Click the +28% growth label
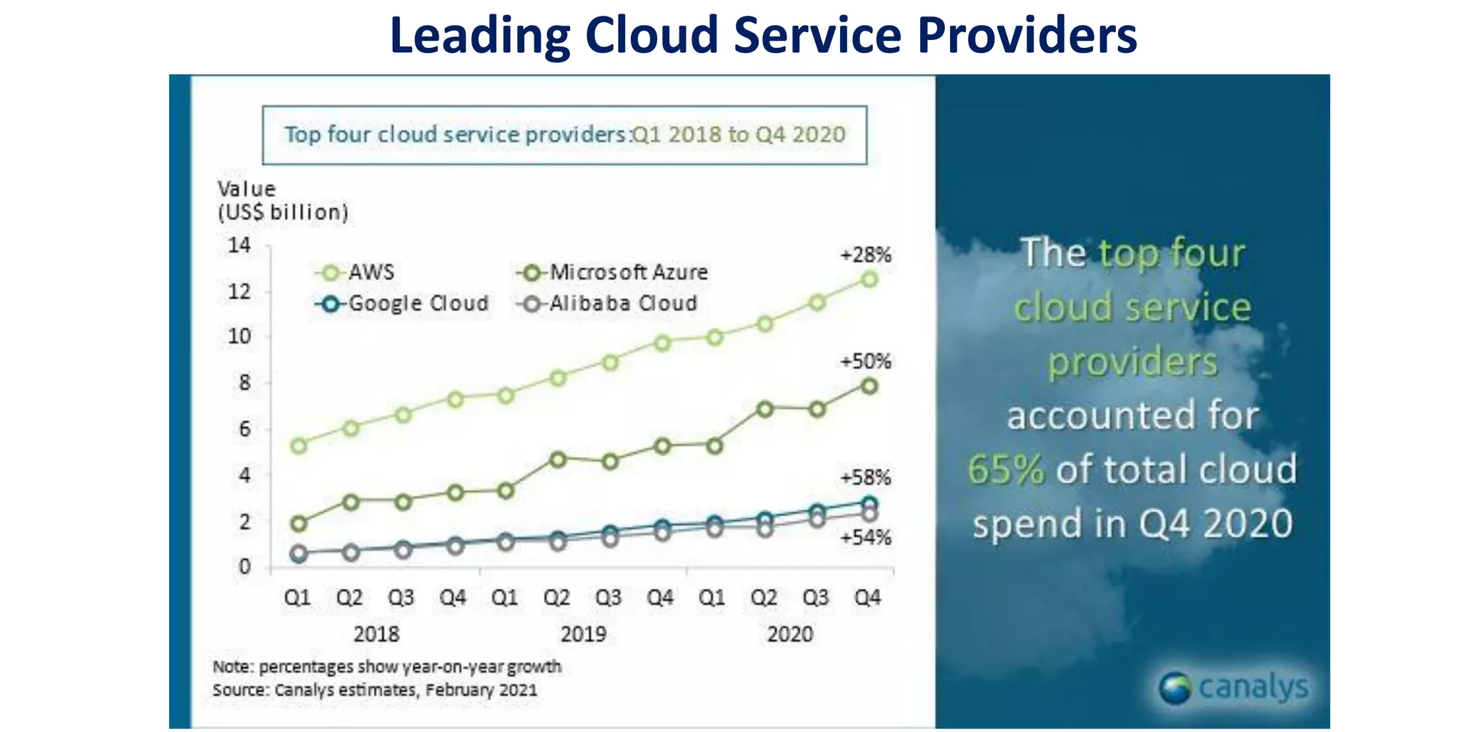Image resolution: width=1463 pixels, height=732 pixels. tap(865, 255)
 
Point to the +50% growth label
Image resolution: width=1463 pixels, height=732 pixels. tap(865, 362)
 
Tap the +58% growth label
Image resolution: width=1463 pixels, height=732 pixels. tap(865, 478)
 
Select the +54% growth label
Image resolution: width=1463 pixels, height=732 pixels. tap(865, 538)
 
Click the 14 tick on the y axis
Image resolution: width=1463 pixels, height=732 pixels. tap(239, 246)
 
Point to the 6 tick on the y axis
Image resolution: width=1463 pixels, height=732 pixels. tap(245, 429)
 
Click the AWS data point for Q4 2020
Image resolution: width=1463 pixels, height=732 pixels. tap(869, 280)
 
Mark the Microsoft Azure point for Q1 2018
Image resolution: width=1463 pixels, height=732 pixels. tap(299, 523)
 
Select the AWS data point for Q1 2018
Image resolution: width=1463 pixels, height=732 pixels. tap(299, 445)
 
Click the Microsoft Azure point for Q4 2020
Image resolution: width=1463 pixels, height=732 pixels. tap(869, 386)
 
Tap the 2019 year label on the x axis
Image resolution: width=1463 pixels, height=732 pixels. tap(583, 634)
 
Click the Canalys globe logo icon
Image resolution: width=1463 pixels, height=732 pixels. tap(1175, 688)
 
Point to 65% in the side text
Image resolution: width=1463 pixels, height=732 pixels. tap(1006, 470)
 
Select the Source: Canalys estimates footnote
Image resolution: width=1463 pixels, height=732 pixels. tap(374, 691)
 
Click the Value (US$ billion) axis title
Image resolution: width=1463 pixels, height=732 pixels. tap(282, 201)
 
